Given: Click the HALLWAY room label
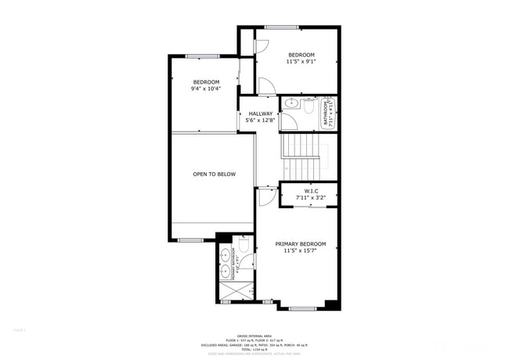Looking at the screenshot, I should (259, 113).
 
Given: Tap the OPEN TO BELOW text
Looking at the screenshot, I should (214, 174).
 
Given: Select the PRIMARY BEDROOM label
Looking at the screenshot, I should (300, 244).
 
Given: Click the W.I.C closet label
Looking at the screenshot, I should (309, 191).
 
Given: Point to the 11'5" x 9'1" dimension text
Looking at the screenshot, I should (301, 61).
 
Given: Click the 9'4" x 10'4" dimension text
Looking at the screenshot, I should (206, 88).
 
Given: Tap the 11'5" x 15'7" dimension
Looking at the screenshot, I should (300, 251).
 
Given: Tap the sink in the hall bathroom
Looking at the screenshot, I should (291, 103).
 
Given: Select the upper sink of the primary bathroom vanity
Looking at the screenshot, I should (225, 254).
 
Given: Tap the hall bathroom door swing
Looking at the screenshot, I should (289, 121).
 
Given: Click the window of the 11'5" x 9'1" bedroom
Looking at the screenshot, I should (281, 28).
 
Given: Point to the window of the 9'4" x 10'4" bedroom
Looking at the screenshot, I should (202, 56).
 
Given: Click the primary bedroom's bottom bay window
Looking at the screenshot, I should (302, 308).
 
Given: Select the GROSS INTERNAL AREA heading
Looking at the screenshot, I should (254, 334).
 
